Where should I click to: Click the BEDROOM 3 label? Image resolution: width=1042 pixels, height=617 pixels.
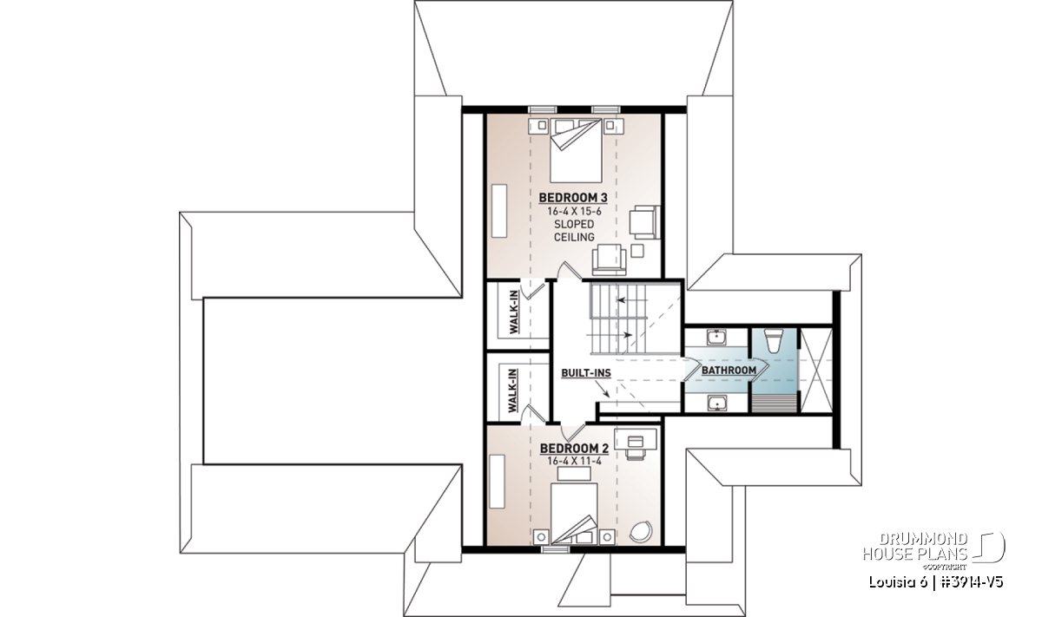573,198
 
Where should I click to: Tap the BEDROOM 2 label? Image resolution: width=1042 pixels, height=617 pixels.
574,449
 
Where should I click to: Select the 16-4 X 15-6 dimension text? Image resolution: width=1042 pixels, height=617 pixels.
574,212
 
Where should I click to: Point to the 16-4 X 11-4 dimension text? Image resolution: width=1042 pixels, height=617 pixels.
574,462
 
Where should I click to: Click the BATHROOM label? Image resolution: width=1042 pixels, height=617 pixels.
729,371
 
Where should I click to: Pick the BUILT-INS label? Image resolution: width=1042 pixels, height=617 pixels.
586,373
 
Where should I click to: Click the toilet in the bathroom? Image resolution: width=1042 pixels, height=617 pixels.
774,340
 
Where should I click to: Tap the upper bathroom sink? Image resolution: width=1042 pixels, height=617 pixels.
716,337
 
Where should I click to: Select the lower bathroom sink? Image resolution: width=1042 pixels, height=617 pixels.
716,403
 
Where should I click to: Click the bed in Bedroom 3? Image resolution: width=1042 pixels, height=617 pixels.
576,150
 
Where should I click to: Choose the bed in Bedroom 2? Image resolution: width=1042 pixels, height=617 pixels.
574,514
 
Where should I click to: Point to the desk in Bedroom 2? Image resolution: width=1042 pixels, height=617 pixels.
636,438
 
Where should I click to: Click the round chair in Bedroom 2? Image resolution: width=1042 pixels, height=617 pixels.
641,531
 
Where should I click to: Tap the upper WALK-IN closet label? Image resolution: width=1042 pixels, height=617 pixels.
514,312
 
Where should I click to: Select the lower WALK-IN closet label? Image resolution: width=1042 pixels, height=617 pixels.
512,391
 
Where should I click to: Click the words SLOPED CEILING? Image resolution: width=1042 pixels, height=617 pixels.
574,231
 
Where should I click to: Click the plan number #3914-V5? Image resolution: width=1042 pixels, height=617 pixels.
972,582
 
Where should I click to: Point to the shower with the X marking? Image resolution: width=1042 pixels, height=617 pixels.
816,370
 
